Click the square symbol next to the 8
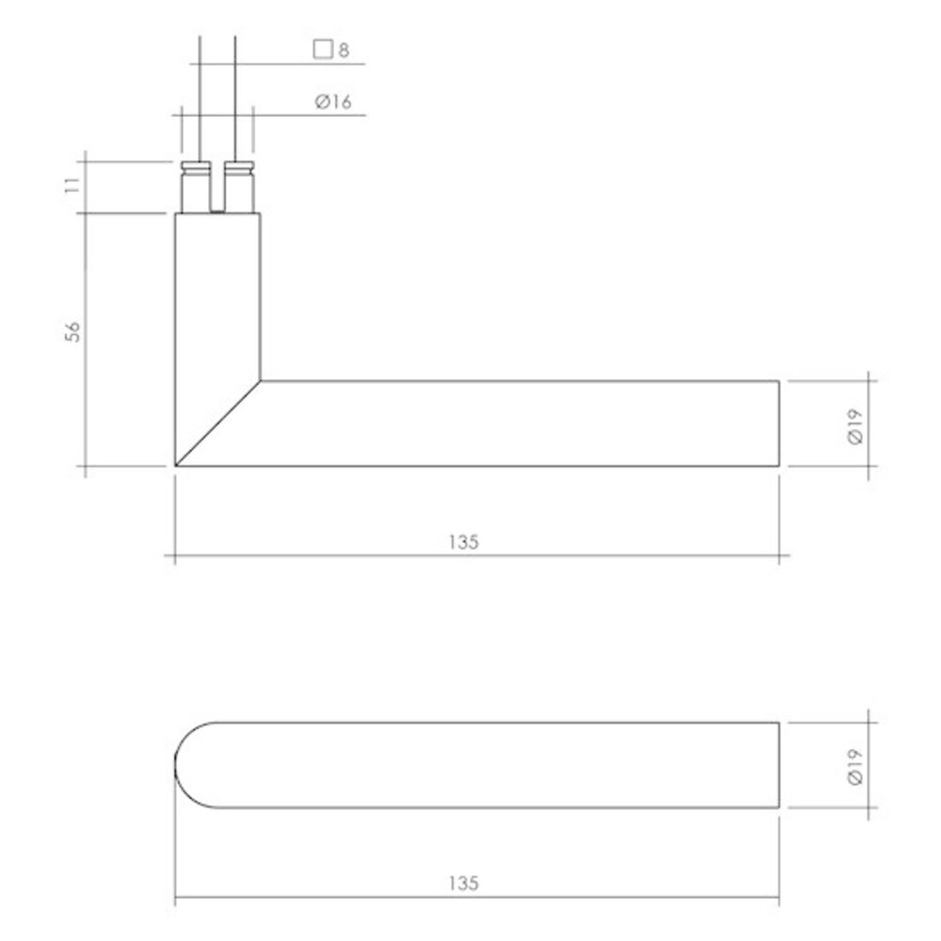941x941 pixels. (x=323, y=50)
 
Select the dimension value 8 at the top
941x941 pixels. (x=343, y=51)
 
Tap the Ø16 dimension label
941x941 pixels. (x=333, y=103)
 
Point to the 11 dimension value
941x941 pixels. (x=78, y=182)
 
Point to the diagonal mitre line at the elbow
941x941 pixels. (x=218, y=423)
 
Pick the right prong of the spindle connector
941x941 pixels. (x=239, y=188)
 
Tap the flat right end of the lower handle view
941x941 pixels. (x=778, y=765)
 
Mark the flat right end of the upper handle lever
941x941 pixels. (x=778, y=423)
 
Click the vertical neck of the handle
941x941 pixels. (x=217, y=301)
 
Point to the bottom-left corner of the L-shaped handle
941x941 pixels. (x=177, y=465)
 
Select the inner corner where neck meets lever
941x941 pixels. (x=261, y=381)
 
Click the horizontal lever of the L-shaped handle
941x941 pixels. (x=518, y=423)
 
